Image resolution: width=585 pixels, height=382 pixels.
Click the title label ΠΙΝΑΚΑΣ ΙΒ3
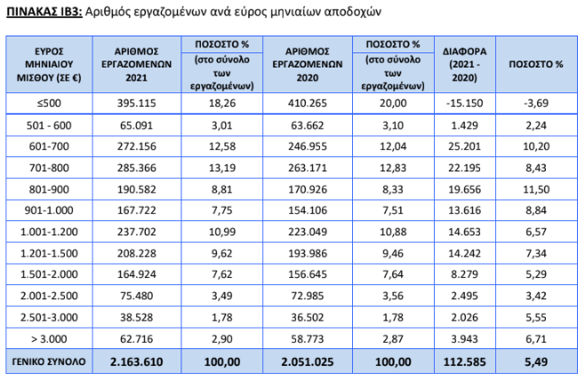(44, 12)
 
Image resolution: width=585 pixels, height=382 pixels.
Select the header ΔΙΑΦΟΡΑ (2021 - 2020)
(464, 65)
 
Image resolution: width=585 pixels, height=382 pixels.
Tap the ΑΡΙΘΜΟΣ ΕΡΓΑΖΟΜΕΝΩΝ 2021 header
(137, 65)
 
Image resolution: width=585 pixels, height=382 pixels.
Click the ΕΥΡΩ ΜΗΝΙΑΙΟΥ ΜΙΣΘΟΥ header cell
(49, 65)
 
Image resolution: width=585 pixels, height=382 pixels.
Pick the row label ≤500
(49, 103)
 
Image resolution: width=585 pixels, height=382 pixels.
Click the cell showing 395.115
(137, 103)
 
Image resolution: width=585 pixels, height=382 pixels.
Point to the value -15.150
(464, 103)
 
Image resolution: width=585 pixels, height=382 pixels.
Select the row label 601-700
(49, 147)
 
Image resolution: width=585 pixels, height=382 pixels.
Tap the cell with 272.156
(137, 147)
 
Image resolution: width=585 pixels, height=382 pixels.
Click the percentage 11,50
(536, 189)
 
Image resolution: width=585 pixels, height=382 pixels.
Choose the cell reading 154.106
(308, 211)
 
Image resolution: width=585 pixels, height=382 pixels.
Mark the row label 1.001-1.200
(49, 232)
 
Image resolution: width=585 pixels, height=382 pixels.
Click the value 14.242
(464, 253)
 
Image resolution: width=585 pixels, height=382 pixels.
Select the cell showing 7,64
(393, 275)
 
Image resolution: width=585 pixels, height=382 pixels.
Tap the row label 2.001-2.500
(49, 296)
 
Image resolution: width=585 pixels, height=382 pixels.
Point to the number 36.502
(308, 317)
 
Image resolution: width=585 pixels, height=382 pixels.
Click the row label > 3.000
(49, 339)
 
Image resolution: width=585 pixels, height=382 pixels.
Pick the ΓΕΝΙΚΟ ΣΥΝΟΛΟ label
(49, 362)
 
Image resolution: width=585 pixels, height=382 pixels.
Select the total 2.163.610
(137, 362)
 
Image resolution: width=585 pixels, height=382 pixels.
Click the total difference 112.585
(464, 362)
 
